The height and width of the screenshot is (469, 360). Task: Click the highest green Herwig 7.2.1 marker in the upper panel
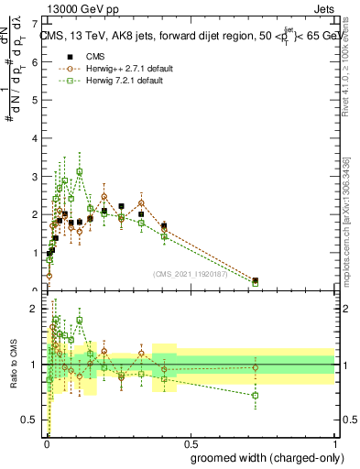tap(80, 171)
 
